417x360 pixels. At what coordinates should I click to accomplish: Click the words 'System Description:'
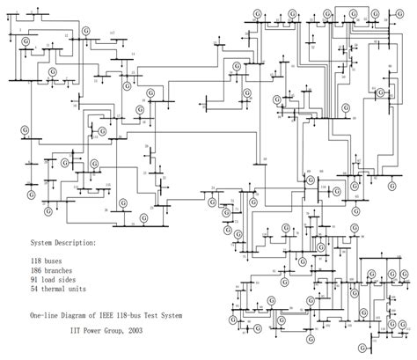(x=63, y=240)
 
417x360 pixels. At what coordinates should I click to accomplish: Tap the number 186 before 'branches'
(x=36, y=273)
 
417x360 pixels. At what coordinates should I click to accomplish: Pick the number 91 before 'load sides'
(x=34, y=283)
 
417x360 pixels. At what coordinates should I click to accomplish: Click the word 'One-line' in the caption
(x=47, y=315)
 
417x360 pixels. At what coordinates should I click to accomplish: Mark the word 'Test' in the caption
(x=160, y=315)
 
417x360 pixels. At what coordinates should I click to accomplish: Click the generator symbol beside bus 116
(x=338, y=187)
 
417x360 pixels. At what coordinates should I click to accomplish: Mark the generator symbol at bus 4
(x=26, y=40)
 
